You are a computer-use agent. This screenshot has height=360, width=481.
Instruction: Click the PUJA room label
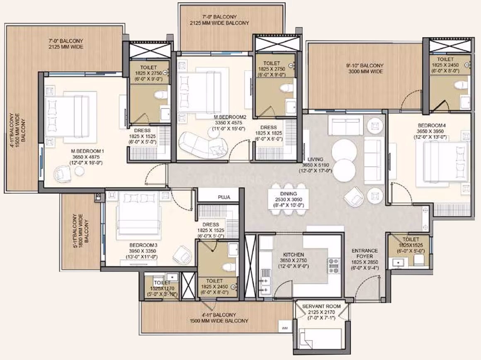(x=224, y=197)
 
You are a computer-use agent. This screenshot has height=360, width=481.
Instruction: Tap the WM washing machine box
(x=285, y=328)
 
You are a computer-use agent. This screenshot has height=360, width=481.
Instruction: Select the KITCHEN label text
(x=294, y=255)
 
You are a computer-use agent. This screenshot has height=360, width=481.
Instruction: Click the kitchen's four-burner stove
(x=334, y=265)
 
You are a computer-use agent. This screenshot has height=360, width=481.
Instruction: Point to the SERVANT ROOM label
(x=321, y=306)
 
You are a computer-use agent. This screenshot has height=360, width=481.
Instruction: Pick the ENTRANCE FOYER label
(x=365, y=253)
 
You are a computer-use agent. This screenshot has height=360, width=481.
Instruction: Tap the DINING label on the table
(x=288, y=194)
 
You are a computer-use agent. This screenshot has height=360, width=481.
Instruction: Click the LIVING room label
(x=316, y=159)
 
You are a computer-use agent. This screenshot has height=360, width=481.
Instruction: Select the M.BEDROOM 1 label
(x=87, y=151)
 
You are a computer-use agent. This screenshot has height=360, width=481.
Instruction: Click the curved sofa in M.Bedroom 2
(x=204, y=145)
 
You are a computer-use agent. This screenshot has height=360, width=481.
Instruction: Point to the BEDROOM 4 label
(x=432, y=125)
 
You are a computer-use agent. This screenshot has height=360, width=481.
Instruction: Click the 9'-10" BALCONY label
(x=365, y=66)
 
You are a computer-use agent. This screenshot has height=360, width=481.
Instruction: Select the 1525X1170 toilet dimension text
(x=162, y=289)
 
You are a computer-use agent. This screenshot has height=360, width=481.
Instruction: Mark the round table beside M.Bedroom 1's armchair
(x=80, y=171)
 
